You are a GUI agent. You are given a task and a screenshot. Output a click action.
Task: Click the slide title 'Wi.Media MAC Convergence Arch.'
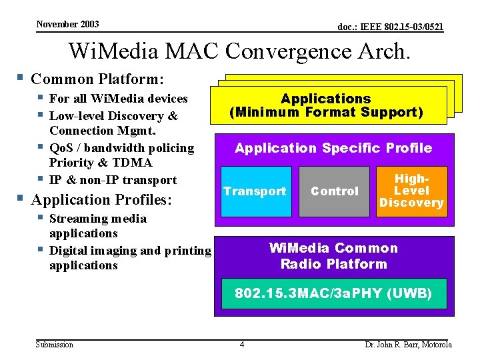coord(239,51)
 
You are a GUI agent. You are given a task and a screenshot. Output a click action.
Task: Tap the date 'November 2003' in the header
coord(67,24)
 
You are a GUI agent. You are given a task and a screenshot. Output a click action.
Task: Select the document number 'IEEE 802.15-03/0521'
coord(391,27)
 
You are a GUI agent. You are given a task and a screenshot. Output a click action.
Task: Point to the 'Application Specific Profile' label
coord(333,148)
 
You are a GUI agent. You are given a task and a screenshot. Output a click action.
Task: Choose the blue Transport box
coord(254,192)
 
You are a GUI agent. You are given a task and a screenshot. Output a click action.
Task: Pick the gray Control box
coord(335,192)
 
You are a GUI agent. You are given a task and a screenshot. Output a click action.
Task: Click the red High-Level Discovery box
coord(411,192)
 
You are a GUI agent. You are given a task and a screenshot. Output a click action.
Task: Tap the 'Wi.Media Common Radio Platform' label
coord(333,256)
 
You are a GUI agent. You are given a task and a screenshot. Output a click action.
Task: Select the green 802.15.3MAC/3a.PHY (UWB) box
coord(333,293)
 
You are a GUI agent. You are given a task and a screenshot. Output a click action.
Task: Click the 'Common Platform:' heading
coord(97,79)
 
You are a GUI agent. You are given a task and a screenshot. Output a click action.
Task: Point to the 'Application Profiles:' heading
coord(101,199)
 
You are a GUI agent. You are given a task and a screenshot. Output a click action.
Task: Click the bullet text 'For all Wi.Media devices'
coord(119,99)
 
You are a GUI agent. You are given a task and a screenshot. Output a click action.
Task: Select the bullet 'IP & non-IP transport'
coord(113,180)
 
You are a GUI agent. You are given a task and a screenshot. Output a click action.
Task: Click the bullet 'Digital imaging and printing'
coord(130,251)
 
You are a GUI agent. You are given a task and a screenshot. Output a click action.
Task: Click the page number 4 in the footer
coord(242,345)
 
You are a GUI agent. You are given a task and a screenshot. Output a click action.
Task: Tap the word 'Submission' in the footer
coord(55,345)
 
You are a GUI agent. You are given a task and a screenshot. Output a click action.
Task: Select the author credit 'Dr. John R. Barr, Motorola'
coord(408,345)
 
